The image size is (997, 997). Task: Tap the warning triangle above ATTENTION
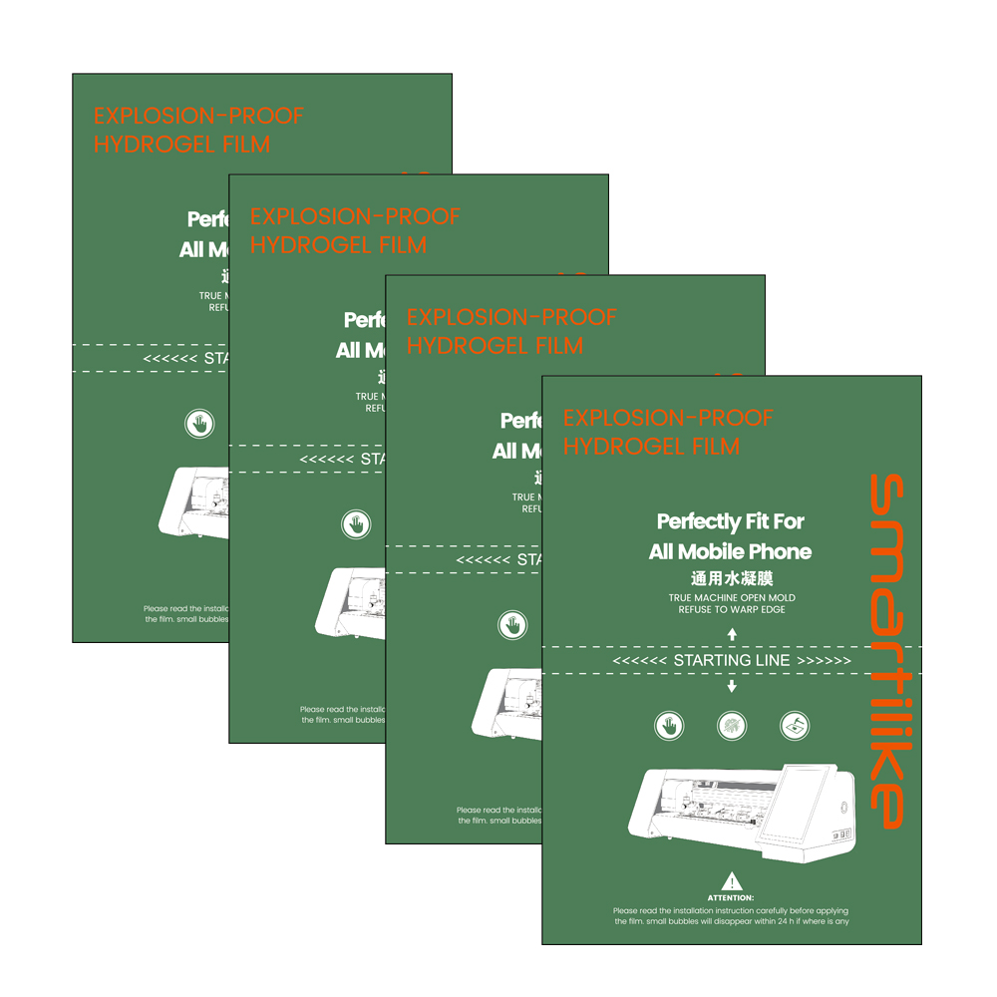(732, 881)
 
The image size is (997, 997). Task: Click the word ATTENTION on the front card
(732, 898)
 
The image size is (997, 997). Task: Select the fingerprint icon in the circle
(732, 726)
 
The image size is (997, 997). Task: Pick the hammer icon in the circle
(794, 726)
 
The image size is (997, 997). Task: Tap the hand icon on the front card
(669, 726)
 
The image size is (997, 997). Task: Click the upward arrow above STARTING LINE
(732, 633)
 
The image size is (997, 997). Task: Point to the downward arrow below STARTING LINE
(732, 686)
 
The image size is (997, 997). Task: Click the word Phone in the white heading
(781, 551)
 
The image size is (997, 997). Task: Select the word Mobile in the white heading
(712, 551)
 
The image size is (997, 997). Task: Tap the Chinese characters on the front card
(732, 578)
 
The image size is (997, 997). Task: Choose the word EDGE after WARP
(772, 609)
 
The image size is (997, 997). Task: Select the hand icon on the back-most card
(199, 423)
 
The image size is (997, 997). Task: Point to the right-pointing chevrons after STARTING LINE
(826, 660)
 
